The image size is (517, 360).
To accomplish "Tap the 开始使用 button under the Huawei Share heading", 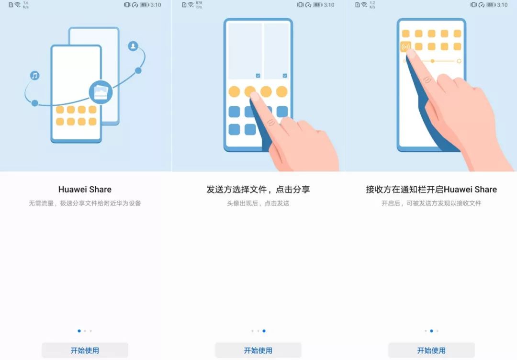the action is [x=85, y=350].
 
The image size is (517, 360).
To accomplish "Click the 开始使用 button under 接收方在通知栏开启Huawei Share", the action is [x=431, y=350].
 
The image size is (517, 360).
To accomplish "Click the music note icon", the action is [x=34, y=76].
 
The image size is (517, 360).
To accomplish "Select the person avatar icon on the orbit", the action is [x=133, y=46].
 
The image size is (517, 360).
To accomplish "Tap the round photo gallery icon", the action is [x=101, y=92].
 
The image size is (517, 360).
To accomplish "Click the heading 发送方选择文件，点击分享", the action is [x=258, y=189].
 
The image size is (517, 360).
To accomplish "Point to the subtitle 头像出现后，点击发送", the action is [x=258, y=203].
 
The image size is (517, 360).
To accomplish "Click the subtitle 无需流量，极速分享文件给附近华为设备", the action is [x=85, y=203].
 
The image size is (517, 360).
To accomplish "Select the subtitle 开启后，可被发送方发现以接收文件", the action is [x=431, y=203].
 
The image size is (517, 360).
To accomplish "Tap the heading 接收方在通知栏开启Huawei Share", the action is [x=431, y=189].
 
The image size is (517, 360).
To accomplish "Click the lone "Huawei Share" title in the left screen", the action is [x=85, y=189].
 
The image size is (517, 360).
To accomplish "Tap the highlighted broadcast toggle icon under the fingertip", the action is [x=405, y=46].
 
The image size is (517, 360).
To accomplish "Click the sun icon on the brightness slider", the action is [x=459, y=61].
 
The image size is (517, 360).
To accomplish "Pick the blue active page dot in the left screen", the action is [x=79, y=331].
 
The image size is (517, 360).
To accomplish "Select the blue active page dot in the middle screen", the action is [x=264, y=331].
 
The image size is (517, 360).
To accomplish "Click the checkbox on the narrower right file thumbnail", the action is [x=285, y=76].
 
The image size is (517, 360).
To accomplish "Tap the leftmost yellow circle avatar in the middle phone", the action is [x=234, y=91].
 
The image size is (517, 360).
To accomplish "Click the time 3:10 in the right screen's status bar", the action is [x=502, y=5].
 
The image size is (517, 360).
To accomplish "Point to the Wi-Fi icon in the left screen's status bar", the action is [x=18, y=5].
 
